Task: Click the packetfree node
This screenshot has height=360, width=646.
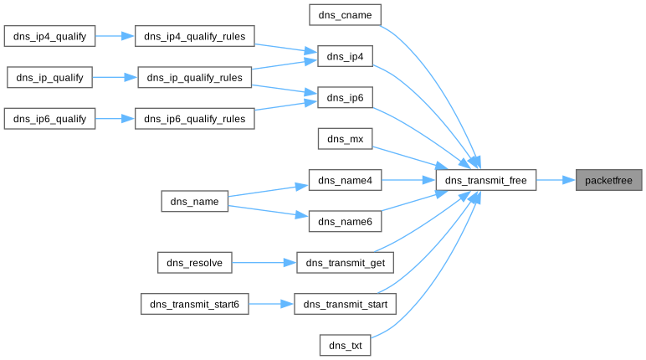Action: click(608, 180)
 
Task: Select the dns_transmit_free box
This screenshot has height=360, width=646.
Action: click(485, 180)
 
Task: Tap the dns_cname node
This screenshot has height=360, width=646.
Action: click(346, 15)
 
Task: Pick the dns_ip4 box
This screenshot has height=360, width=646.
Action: click(346, 56)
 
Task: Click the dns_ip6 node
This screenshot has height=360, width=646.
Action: click(346, 98)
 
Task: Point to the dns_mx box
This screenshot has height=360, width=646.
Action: click(346, 139)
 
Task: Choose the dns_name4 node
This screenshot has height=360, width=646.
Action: click(346, 180)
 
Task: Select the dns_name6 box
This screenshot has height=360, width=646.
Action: click(346, 221)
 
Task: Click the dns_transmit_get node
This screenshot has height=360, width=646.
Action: click(346, 263)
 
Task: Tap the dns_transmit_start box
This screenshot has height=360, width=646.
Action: click(346, 304)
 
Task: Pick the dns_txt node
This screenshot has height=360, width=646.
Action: click(346, 345)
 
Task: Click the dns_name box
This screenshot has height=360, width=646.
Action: click(194, 201)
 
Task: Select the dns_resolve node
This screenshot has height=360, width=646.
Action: click(194, 263)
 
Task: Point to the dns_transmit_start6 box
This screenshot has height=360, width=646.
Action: click(195, 304)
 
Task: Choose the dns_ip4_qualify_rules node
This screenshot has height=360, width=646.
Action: click(194, 36)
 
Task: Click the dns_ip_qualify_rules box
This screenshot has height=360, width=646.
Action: click(194, 77)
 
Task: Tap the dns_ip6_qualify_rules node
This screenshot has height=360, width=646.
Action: click(194, 119)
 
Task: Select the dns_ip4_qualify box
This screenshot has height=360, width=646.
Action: click(50, 36)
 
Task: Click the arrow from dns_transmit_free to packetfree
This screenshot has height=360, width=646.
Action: click(555, 180)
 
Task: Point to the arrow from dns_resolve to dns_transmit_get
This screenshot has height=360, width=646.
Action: click(264, 263)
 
